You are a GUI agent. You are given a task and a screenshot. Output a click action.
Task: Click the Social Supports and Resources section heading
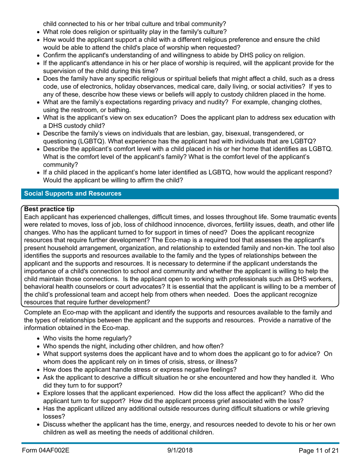(x=73, y=194)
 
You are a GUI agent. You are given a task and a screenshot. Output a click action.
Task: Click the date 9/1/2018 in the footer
(x=180, y=450)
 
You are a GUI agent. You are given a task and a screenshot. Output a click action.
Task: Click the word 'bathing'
(x=109, y=110)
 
